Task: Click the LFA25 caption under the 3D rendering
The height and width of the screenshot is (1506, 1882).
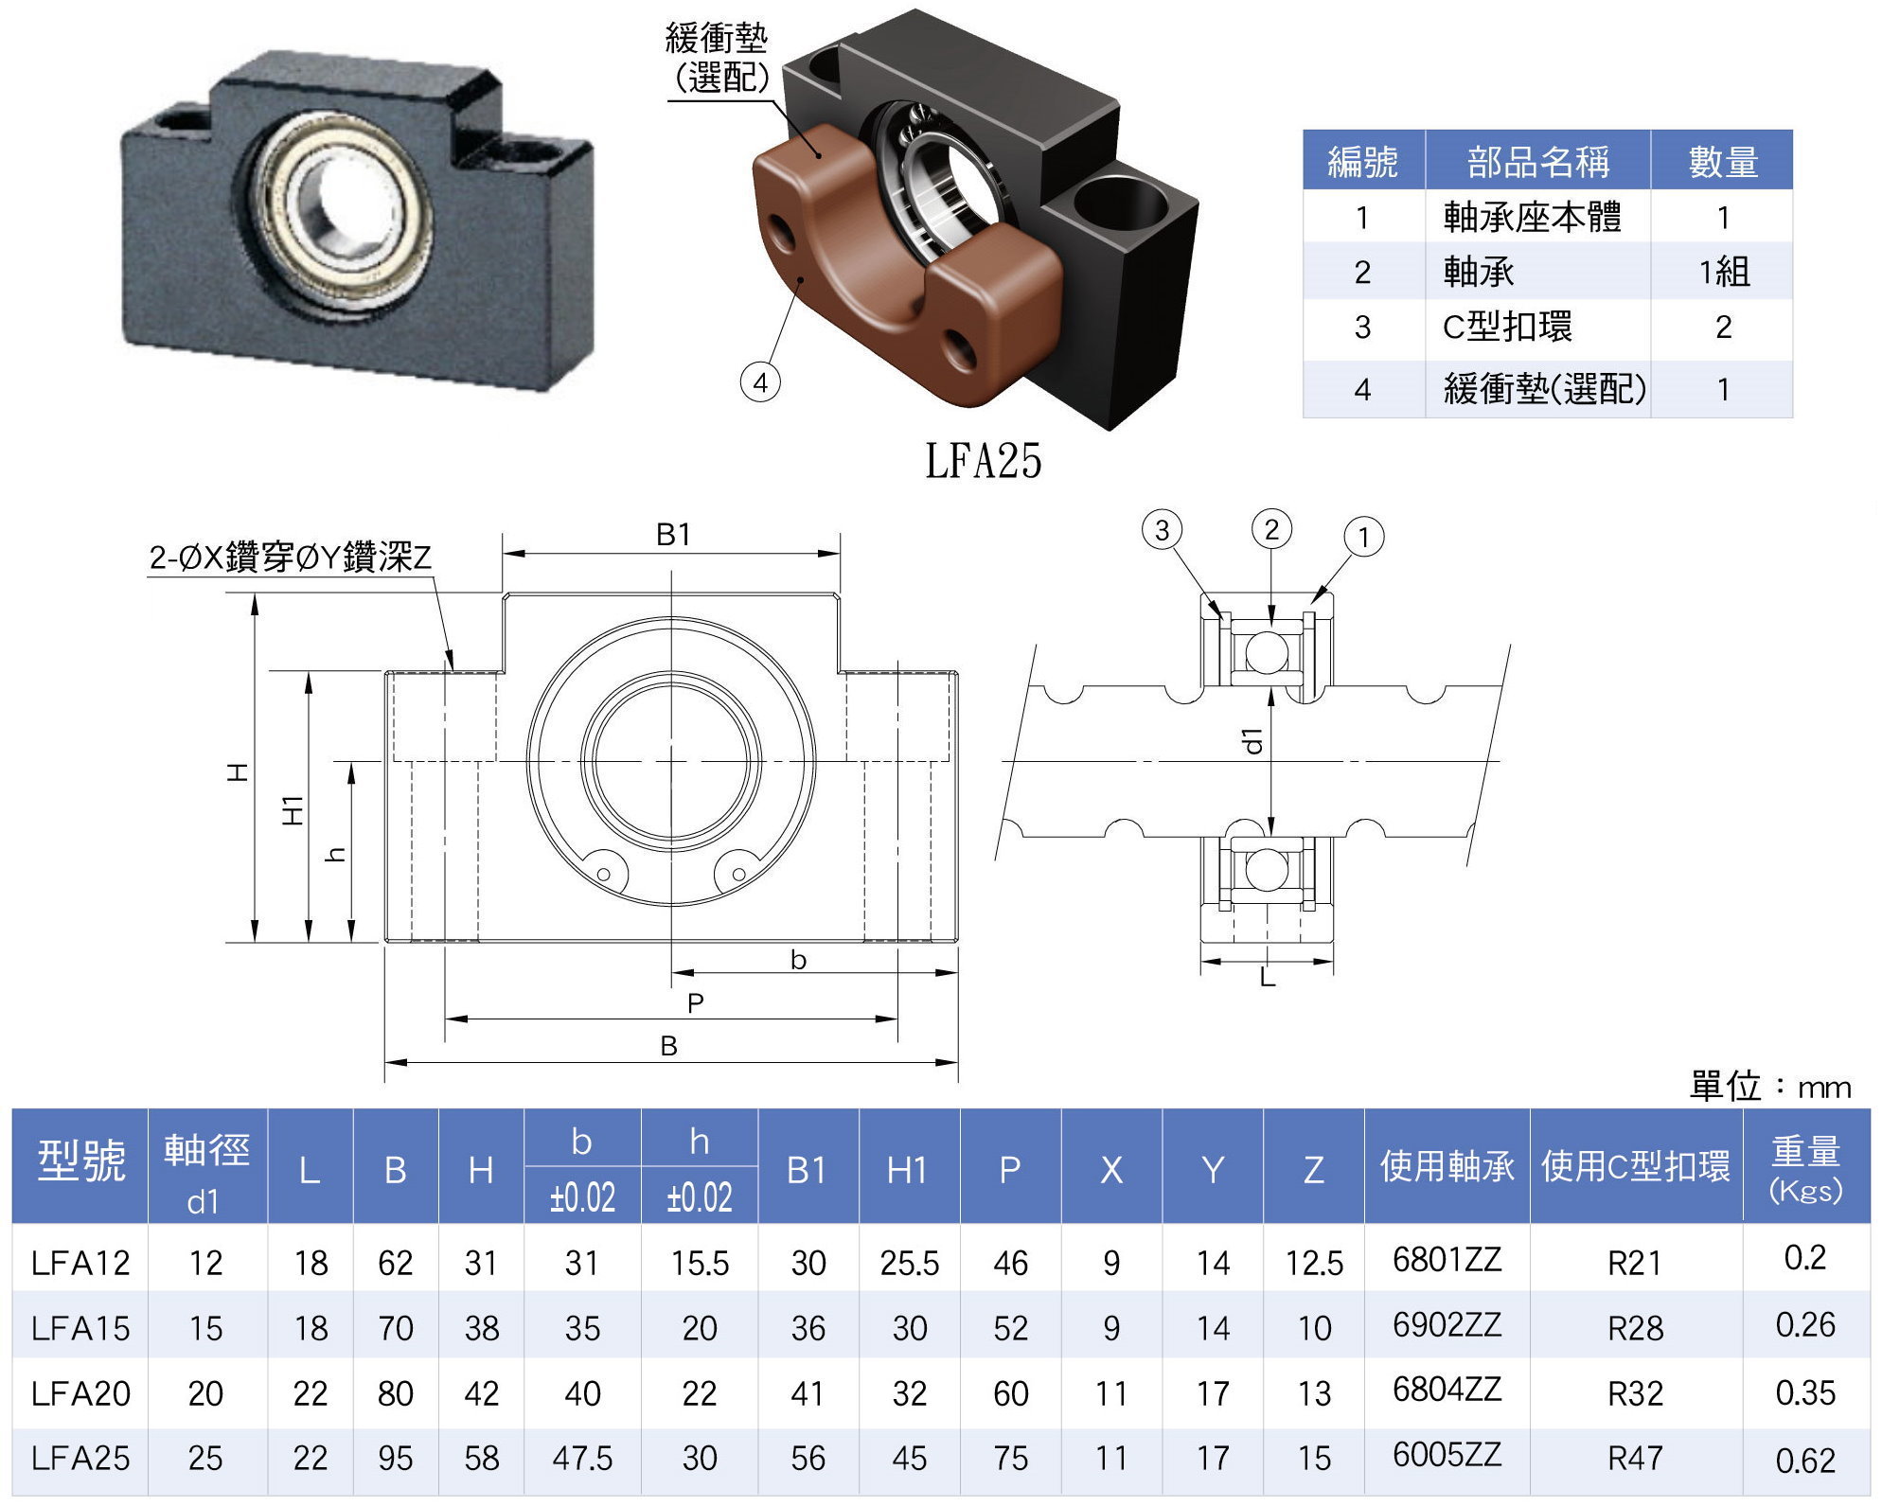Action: point(983,461)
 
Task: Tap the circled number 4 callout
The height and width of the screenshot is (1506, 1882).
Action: point(760,383)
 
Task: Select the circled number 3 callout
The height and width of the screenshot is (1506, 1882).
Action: point(1162,530)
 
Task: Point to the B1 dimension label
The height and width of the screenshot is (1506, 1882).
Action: point(673,535)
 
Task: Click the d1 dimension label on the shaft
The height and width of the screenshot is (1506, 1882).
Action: point(1253,741)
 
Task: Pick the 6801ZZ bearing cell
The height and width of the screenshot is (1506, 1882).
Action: point(1447,1259)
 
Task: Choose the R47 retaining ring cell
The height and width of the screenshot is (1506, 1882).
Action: point(1635,1458)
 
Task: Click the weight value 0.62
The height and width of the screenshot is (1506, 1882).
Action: point(1804,1460)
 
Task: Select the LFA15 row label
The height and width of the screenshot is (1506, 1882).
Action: point(80,1328)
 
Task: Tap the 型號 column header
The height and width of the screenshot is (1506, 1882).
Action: point(80,1161)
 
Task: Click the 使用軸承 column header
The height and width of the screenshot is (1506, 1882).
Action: point(1447,1166)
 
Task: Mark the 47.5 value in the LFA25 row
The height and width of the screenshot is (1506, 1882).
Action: point(582,1458)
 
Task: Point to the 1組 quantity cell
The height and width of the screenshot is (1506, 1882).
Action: point(1723,273)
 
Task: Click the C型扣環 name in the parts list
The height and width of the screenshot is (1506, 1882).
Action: point(1506,328)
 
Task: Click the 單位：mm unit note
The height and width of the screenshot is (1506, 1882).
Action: point(1770,1087)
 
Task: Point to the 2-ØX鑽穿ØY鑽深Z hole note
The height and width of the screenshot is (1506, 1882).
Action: point(290,558)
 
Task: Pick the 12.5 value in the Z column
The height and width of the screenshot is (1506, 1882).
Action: point(1314,1263)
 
